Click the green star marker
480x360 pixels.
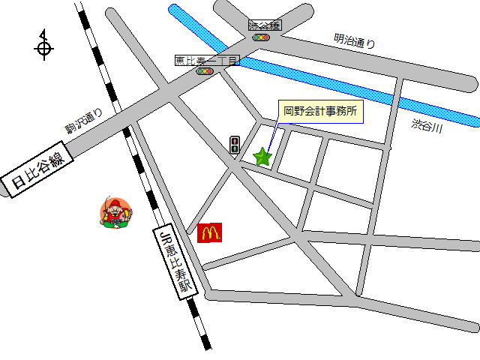pos(262,157)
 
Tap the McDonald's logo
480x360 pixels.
pos(210,233)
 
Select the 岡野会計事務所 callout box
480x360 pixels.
pos(321,112)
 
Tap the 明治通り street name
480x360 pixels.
pos(354,43)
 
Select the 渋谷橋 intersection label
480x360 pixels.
pos(264,25)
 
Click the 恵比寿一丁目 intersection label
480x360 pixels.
pos(206,61)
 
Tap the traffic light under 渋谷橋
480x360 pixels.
pos(261,37)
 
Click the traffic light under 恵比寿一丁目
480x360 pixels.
pos(205,71)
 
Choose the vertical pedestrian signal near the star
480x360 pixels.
pos(235,144)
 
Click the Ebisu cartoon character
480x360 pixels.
pos(115,213)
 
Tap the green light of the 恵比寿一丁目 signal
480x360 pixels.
pos(199,71)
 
